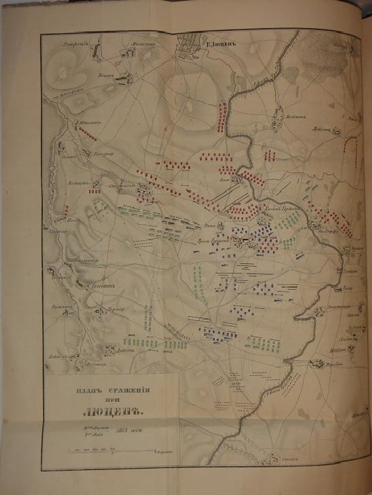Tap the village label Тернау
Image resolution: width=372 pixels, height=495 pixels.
pos(116,309)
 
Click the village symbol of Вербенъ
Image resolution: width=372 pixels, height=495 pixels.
pos(316,363)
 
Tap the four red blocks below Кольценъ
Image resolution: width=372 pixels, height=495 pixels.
pos(95,191)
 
